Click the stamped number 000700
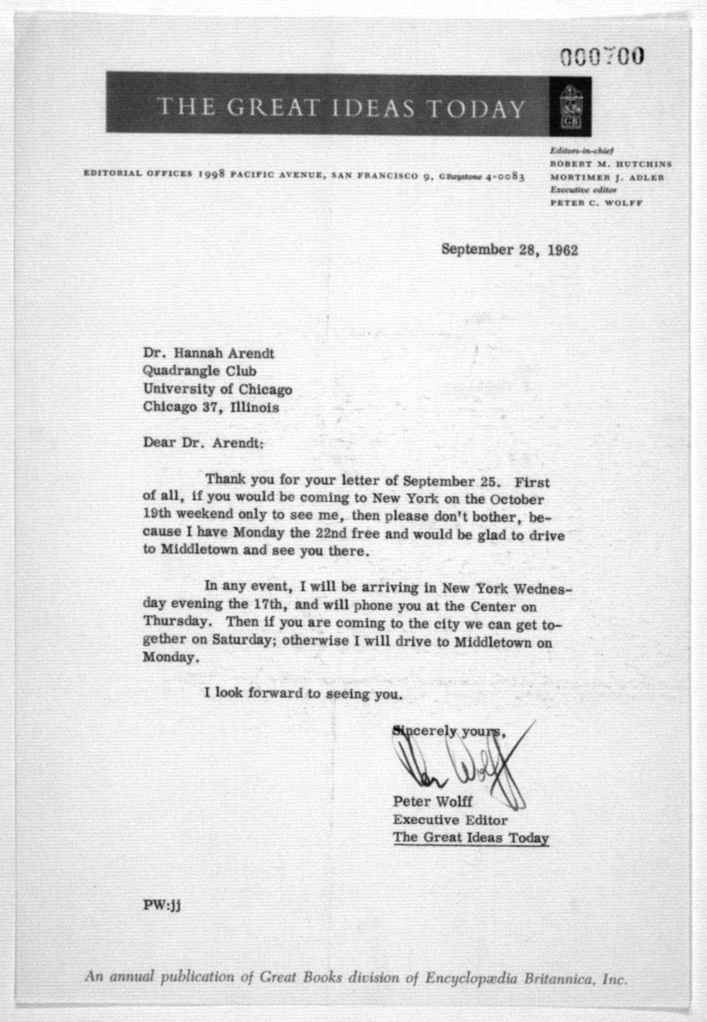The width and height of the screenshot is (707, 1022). [x=602, y=57]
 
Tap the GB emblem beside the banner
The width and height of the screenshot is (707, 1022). [x=570, y=106]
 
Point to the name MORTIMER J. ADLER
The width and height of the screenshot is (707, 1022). [x=607, y=177]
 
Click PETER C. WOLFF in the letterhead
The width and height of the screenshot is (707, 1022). [x=596, y=203]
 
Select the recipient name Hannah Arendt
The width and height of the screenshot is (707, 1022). [x=224, y=353]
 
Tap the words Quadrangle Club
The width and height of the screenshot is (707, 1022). [x=199, y=371]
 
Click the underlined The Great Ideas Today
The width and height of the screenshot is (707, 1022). [x=471, y=838]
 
